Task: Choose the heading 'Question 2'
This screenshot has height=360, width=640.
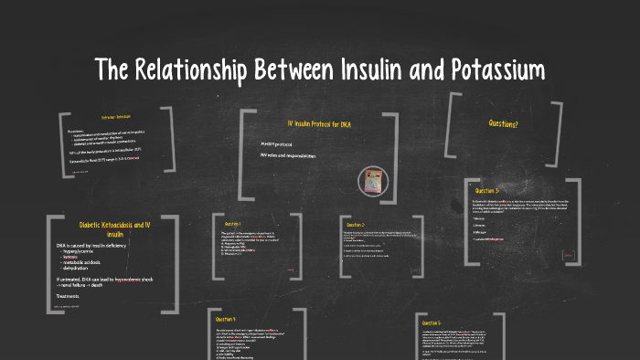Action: pos(355,224)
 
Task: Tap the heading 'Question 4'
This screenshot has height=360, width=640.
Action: pos(228,319)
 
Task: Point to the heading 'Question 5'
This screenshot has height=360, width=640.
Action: pos(432,323)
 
